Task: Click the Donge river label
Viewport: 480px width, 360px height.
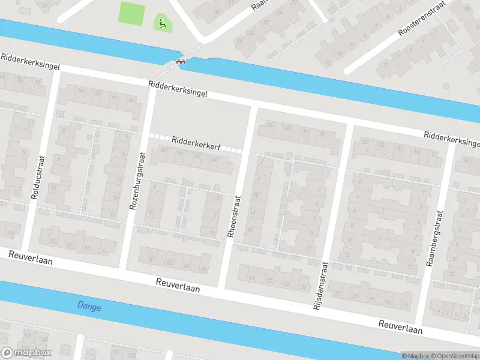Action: (x=89, y=307)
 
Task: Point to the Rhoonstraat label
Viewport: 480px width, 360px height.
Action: (x=233, y=215)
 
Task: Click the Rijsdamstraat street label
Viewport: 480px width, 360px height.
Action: (x=320, y=285)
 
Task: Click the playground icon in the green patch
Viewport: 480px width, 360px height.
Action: (x=162, y=24)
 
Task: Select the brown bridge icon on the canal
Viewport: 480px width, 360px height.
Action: (x=180, y=61)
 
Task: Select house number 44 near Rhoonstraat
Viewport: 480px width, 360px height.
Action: (x=270, y=125)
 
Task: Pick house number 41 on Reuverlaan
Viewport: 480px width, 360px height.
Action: (x=253, y=277)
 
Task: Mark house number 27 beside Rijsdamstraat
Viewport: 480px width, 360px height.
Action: (x=337, y=293)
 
